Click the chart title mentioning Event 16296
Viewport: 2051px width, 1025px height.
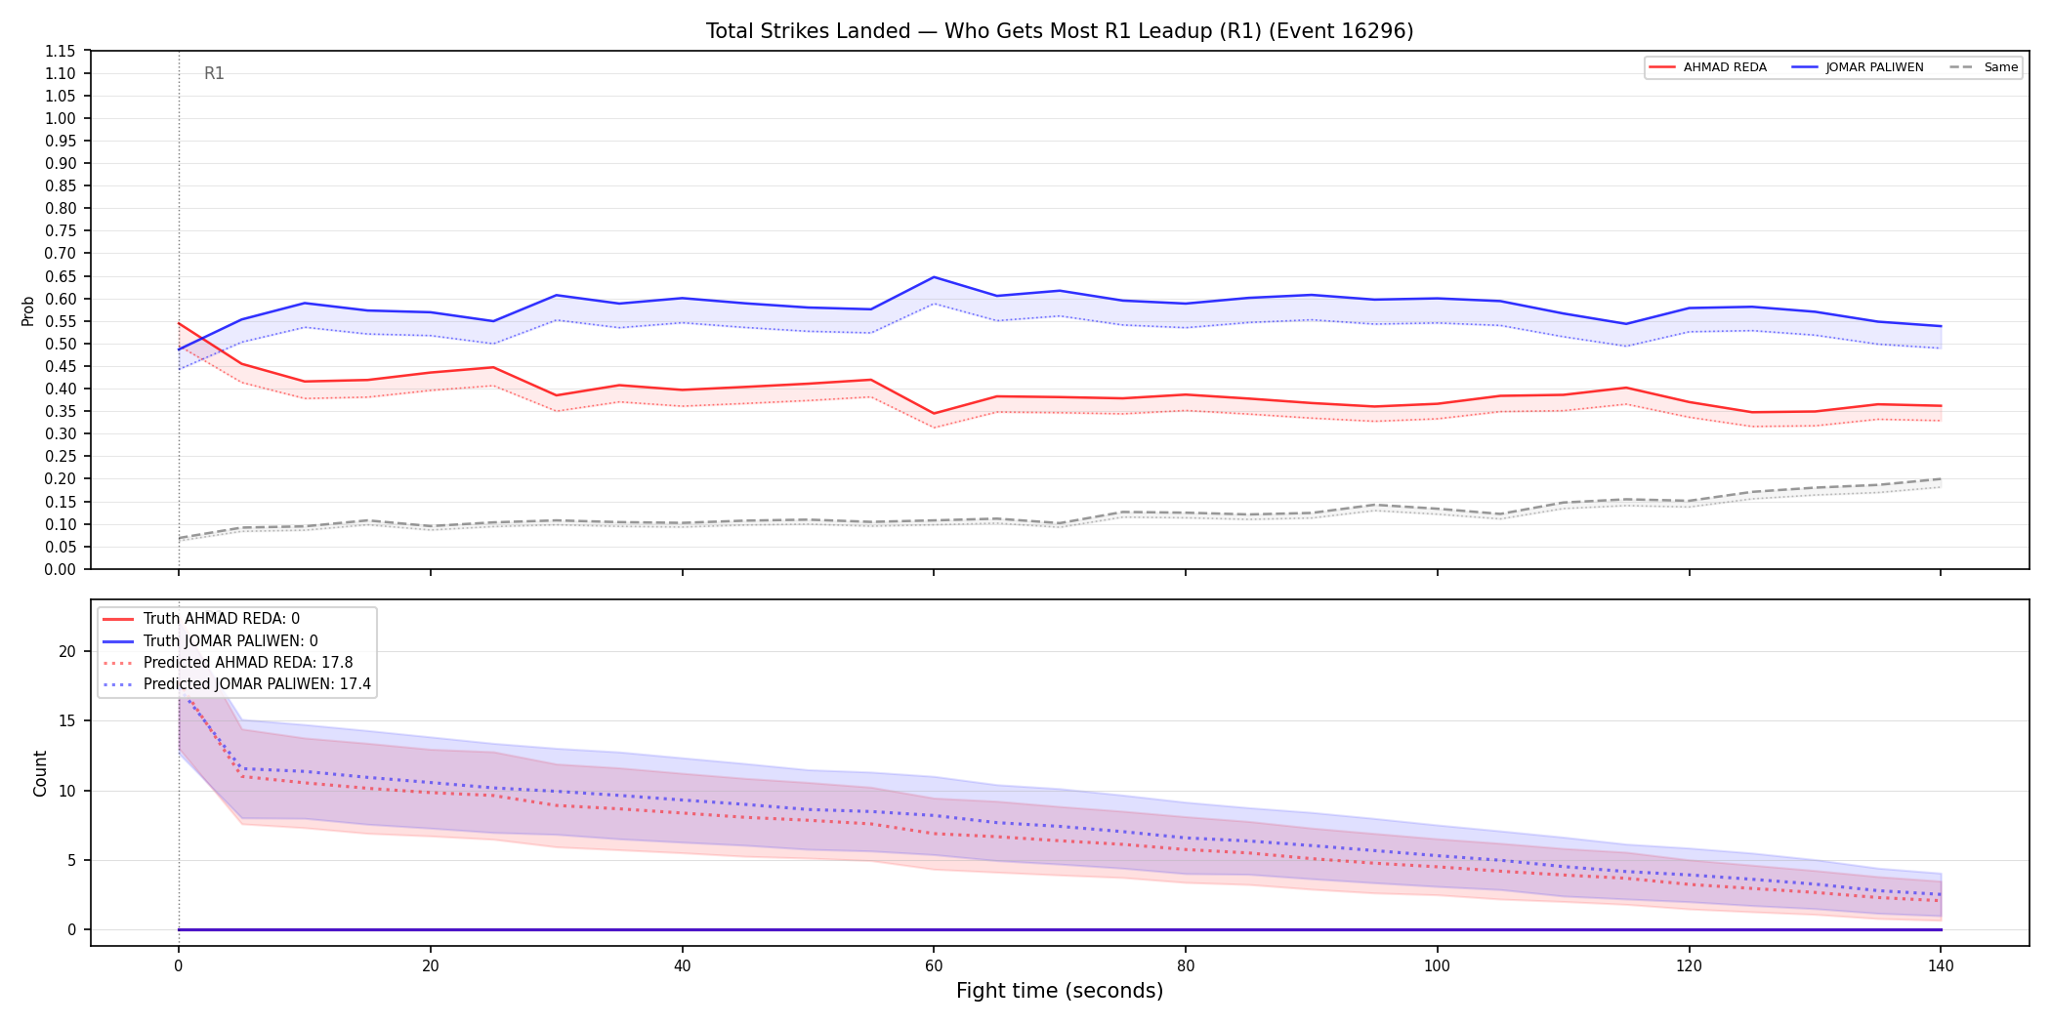coord(1060,31)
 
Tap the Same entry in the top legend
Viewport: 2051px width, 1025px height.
coord(1984,67)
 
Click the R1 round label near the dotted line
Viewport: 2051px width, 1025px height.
coord(214,73)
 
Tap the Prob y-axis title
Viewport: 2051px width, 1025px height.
coord(28,310)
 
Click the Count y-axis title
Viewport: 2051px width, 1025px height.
coord(40,773)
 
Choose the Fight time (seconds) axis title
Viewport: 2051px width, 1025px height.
coord(1060,991)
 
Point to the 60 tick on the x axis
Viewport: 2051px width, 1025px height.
coord(934,966)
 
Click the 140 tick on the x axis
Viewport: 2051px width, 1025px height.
coord(1941,966)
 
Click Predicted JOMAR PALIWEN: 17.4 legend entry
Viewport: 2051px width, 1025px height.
coord(237,684)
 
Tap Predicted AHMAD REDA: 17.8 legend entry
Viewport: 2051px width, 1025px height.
coord(228,663)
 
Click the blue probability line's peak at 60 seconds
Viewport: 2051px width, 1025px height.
coord(934,277)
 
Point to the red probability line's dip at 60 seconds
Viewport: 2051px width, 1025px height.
coord(934,413)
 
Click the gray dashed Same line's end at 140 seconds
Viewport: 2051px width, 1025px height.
coord(1941,479)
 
